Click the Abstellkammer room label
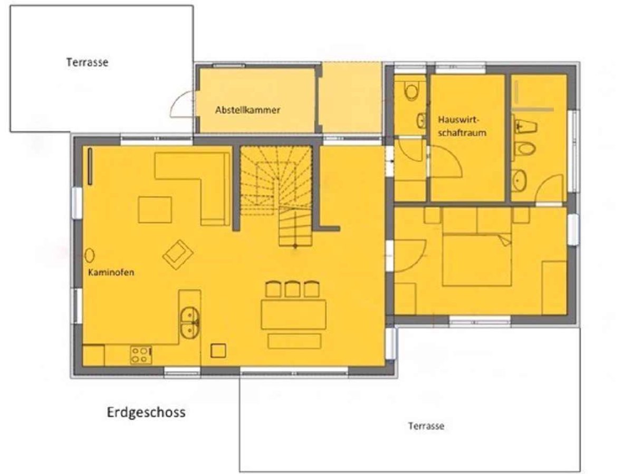(247, 110)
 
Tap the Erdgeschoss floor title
(146, 412)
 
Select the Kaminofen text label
(111, 272)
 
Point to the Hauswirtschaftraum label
(462, 126)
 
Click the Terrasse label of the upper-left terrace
(88, 62)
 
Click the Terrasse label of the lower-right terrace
(426, 426)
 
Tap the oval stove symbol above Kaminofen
(90, 255)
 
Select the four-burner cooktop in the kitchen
(141, 355)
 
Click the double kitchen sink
(189, 322)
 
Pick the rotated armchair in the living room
(178, 255)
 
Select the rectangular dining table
(294, 314)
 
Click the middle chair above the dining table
(292, 289)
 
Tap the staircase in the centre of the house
(276, 196)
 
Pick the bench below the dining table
(294, 341)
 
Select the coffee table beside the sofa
(155, 210)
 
